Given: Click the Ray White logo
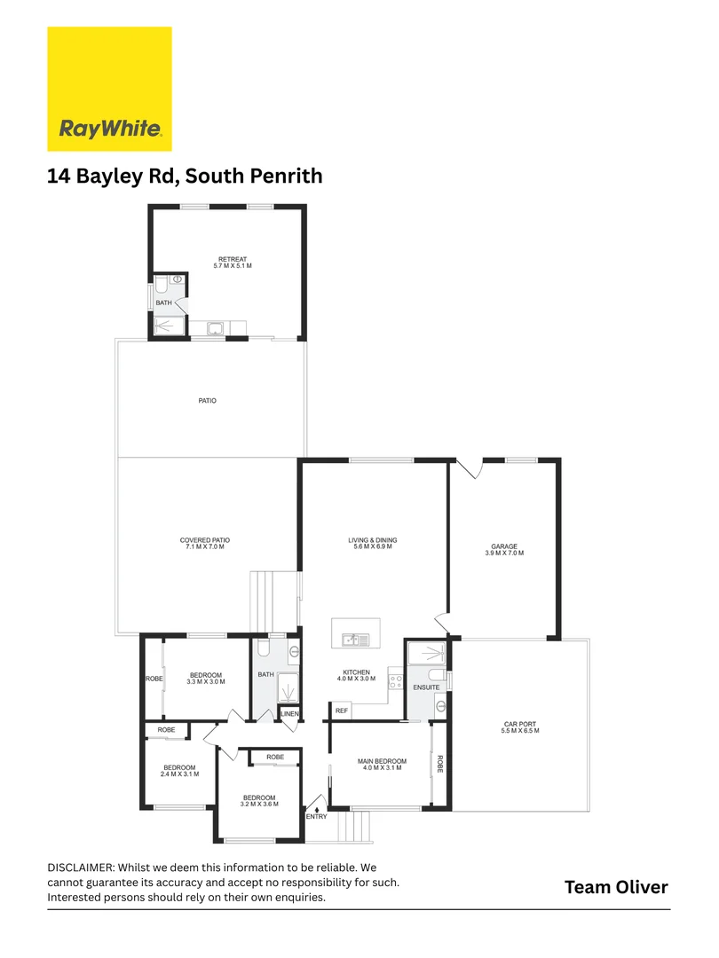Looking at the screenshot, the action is [109, 89].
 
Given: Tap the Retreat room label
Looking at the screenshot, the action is [233, 263].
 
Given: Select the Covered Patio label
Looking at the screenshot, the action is [205, 543].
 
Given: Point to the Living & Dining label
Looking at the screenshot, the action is [372, 543].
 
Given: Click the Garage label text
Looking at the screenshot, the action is [504, 550].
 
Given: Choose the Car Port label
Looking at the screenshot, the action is [520, 727].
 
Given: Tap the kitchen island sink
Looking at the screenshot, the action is [356, 640].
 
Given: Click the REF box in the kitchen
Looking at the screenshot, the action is [341, 711].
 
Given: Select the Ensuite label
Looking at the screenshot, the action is [426, 687].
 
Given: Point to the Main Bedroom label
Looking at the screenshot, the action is [382, 765].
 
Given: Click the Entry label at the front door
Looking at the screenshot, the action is [317, 817].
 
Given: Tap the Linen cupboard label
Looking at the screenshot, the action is [289, 713].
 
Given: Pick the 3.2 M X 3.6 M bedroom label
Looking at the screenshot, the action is [259, 801].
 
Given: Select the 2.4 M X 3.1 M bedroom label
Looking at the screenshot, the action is [179, 771].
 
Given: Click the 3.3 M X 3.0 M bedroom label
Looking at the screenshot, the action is [206, 679].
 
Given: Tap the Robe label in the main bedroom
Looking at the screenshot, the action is [439, 765].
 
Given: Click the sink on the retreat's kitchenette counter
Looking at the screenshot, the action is [216, 329].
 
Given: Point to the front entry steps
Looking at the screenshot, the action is [355, 827].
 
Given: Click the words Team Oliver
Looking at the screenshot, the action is [616, 887].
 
